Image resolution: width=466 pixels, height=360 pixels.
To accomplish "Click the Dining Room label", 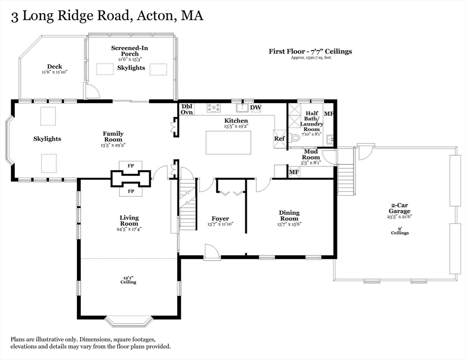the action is click(x=289, y=216).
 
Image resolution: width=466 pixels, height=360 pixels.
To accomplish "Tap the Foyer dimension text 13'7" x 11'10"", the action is click(x=220, y=224).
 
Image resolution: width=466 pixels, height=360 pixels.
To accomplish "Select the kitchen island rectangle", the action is click(x=228, y=142).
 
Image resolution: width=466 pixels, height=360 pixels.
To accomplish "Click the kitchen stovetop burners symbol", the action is click(x=214, y=108).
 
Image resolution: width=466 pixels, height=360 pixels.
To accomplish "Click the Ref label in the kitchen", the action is click(x=279, y=139).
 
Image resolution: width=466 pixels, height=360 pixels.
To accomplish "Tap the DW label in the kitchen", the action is click(x=256, y=107).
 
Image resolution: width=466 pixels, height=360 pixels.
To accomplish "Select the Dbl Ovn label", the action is click(x=187, y=109).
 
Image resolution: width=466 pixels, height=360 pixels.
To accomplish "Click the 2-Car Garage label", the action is click(x=399, y=208).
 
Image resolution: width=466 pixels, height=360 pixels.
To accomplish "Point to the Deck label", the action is click(x=55, y=67).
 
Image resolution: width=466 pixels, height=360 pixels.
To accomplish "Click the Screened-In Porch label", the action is click(x=129, y=51).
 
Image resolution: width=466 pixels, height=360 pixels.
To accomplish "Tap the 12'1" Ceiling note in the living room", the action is click(x=128, y=280).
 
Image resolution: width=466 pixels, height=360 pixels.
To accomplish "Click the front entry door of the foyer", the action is click(x=212, y=252).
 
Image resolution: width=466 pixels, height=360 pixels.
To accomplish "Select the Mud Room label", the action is click(x=311, y=154).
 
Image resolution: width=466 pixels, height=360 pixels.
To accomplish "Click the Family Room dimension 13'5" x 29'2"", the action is click(x=113, y=145).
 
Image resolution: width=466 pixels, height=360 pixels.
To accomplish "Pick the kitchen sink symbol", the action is click(x=242, y=108).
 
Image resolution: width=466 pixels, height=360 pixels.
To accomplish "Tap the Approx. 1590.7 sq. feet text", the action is click(x=310, y=58).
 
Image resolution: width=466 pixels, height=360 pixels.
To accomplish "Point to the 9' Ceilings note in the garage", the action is click(x=400, y=230).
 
